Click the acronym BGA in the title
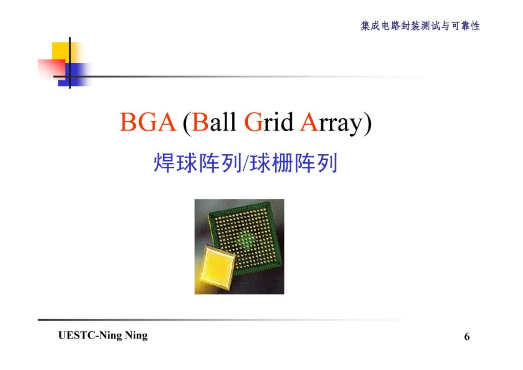147,122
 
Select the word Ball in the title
214,122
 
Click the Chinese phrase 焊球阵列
197,164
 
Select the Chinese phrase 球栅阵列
292,164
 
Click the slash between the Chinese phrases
245,164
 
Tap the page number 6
467,337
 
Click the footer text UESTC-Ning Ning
103,336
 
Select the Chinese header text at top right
420,26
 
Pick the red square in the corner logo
50,68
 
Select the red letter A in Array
308,122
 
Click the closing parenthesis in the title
368,123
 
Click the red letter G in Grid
253,122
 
